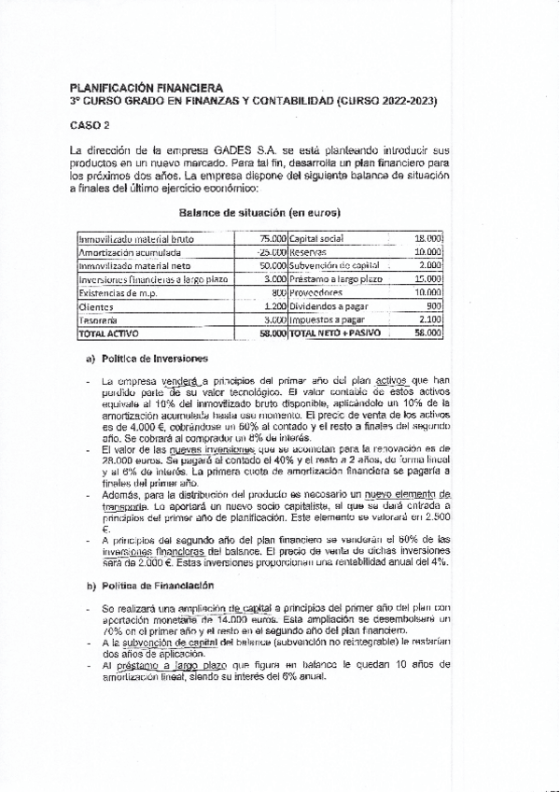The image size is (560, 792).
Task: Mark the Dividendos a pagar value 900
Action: pos(433,306)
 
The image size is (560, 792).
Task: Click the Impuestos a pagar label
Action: pos(326,319)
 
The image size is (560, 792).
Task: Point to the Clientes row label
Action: pos(95,306)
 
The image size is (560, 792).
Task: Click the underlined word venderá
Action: pos(183,381)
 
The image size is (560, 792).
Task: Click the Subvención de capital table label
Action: pos(333,266)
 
